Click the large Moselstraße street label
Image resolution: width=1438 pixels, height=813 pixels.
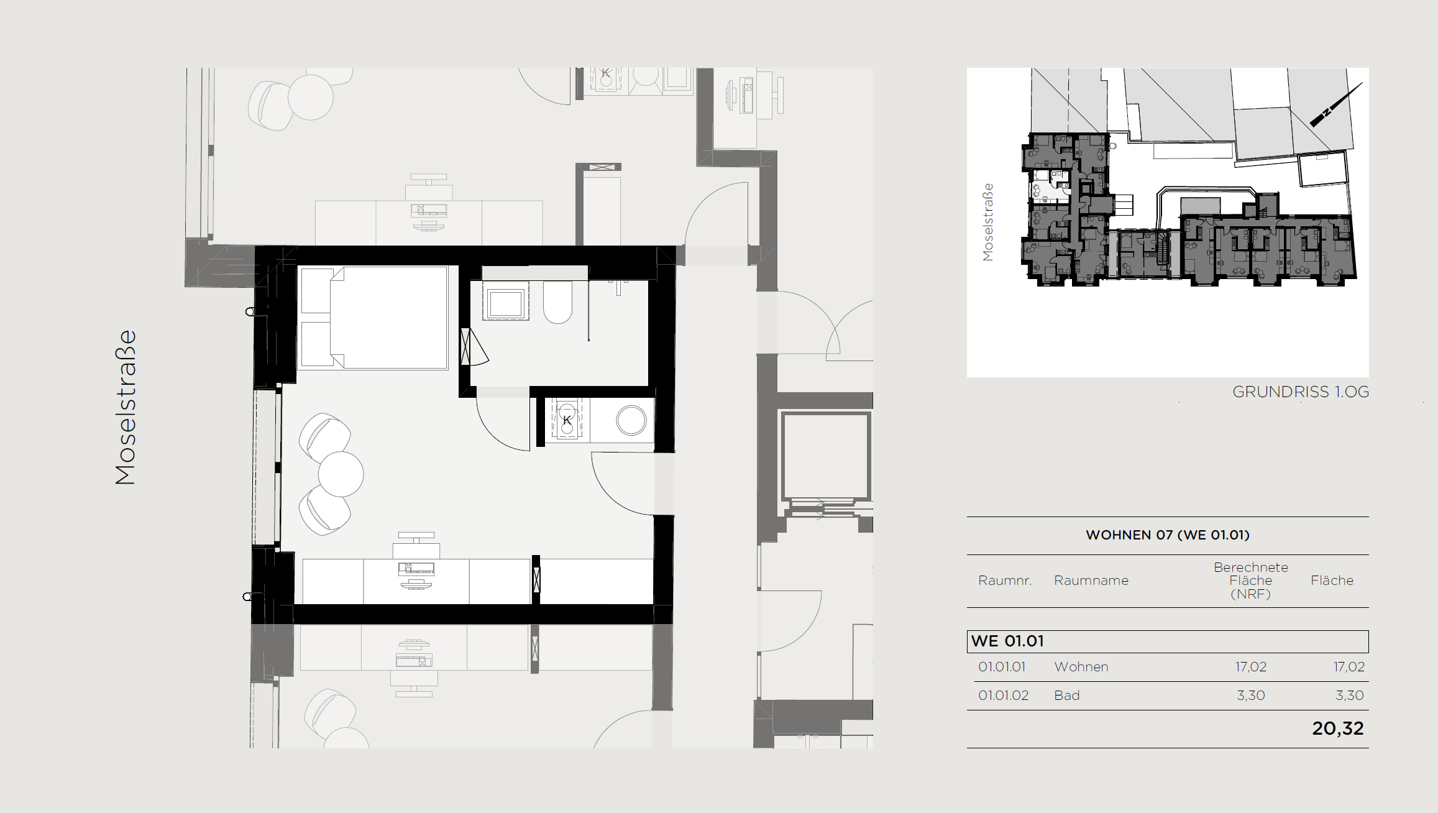tap(126, 407)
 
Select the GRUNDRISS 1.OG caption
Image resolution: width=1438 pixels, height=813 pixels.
tap(1301, 392)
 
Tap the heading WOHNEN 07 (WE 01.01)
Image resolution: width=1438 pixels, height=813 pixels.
tap(1168, 535)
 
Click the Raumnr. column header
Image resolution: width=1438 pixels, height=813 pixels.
tap(1005, 581)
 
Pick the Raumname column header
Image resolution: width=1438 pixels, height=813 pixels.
tap(1091, 581)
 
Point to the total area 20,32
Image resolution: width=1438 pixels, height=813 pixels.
tap(1338, 728)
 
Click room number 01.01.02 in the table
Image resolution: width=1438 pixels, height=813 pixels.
tap(1004, 696)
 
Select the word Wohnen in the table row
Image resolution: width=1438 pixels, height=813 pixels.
tap(1081, 667)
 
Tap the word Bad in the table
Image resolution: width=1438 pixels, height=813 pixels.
tap(1067, 696)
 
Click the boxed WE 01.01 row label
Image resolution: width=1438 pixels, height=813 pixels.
tap(1007, 641)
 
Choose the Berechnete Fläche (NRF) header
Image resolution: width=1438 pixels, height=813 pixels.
tap(1251, 581)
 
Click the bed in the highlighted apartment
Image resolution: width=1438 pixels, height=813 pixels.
tap(373, 318)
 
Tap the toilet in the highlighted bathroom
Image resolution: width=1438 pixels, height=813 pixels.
tap(558, 303)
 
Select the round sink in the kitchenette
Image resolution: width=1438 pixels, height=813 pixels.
tap(631, 421)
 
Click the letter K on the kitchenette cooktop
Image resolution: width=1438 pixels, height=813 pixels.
tap(567, 421)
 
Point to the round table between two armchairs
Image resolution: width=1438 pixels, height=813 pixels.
tap(341, 474)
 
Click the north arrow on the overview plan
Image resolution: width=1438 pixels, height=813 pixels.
tap(1336, 104)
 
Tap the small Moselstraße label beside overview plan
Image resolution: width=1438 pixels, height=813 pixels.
tap(988, 222)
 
